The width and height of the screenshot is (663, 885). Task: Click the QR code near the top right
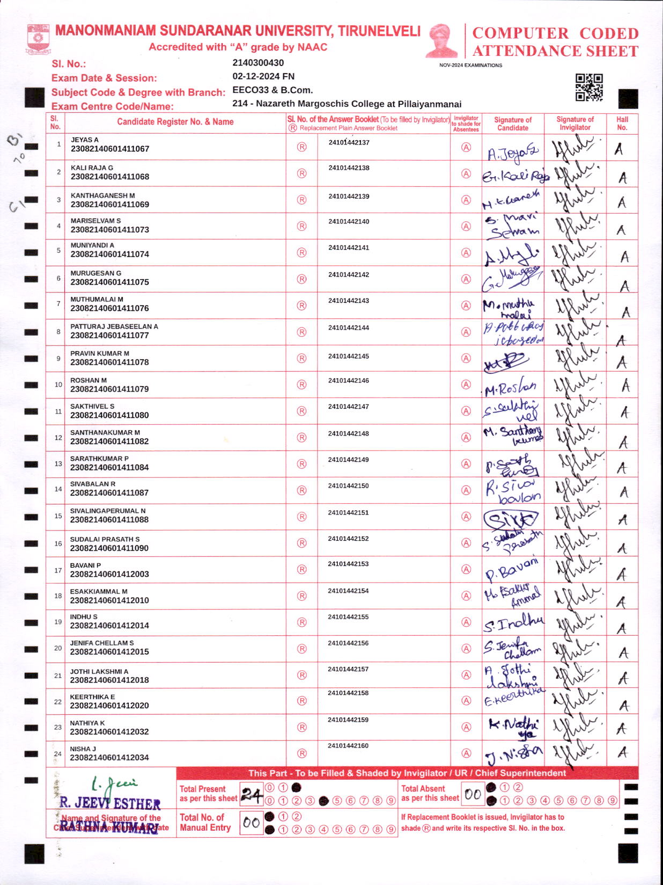coord(589,88)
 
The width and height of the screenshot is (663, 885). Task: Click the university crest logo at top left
coord(38,39)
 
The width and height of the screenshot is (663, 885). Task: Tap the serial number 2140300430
coord(258,63)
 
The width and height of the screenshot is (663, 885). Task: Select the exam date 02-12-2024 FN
coord(263,76)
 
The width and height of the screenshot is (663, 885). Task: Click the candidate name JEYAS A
coord(85,140)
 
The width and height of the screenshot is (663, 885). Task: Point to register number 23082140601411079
coord(109,389)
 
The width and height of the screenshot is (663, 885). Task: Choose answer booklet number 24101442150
coord(349,486)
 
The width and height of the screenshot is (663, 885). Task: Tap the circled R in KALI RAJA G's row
coord(301,173)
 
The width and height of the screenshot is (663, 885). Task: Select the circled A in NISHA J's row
coord(466,753)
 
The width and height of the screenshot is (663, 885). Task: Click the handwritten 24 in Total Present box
coord(252,794)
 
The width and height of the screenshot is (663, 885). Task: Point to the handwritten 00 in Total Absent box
coord(473,794)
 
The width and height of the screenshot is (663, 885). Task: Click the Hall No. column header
coord(622,124)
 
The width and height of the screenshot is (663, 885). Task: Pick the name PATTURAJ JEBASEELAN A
coord(114,327)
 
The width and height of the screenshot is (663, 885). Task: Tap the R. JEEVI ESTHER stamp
coord(110,803)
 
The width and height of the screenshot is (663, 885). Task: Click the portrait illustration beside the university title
coord(441,40)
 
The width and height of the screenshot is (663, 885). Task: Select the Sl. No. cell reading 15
coord(58,516)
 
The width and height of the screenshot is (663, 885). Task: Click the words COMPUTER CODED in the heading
coord(555,33)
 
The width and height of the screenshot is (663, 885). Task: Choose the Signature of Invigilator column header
coord(575,124)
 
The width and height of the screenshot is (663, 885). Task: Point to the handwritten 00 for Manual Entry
coord(251,823)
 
